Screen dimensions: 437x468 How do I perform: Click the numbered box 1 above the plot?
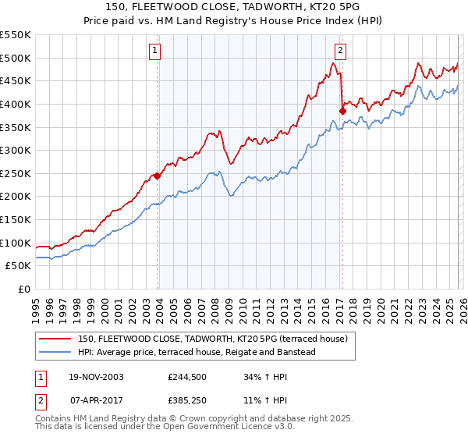[155, 52]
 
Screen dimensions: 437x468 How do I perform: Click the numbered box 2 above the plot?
[341, 52]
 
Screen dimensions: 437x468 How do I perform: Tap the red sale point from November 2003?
[158, 176]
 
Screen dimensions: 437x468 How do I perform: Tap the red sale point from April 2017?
[342, 111]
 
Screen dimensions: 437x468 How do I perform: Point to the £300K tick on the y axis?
[16, 150]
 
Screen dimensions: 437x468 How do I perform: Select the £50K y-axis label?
[19, 266]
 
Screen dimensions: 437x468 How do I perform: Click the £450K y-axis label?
[16, 80]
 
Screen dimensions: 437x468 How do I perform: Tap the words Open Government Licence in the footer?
[214, 427]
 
